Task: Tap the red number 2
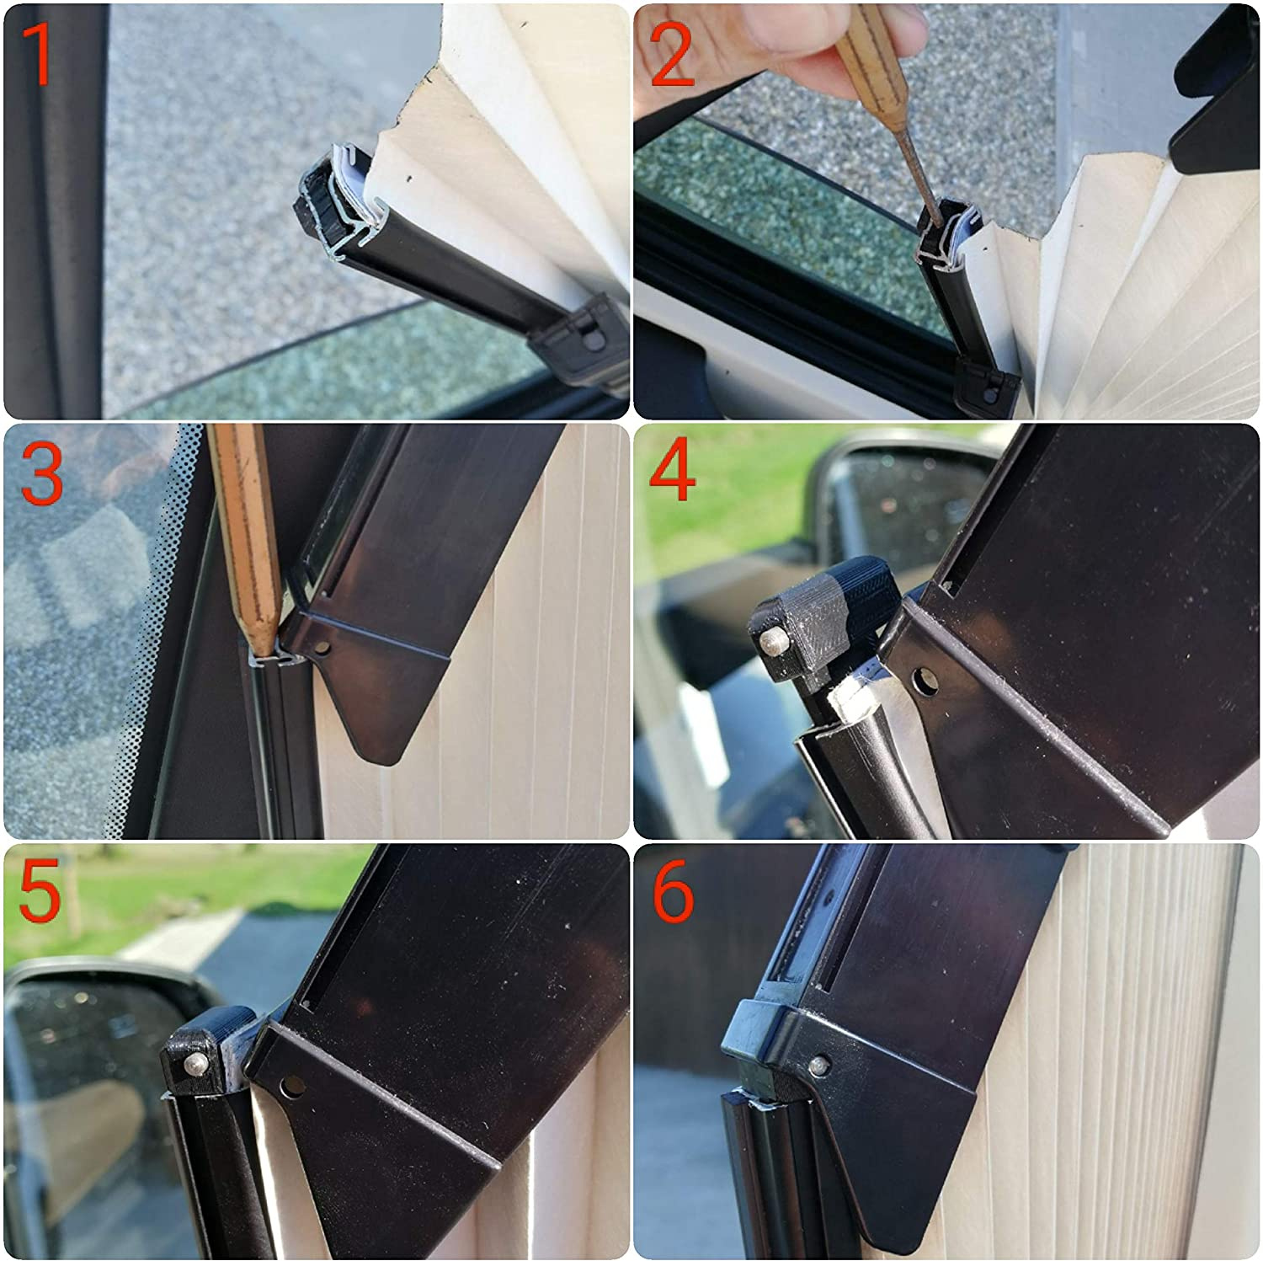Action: tap(673, 55)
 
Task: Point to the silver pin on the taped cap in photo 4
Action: tap(770, 642)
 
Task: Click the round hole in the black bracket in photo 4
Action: tap(925, 681)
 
